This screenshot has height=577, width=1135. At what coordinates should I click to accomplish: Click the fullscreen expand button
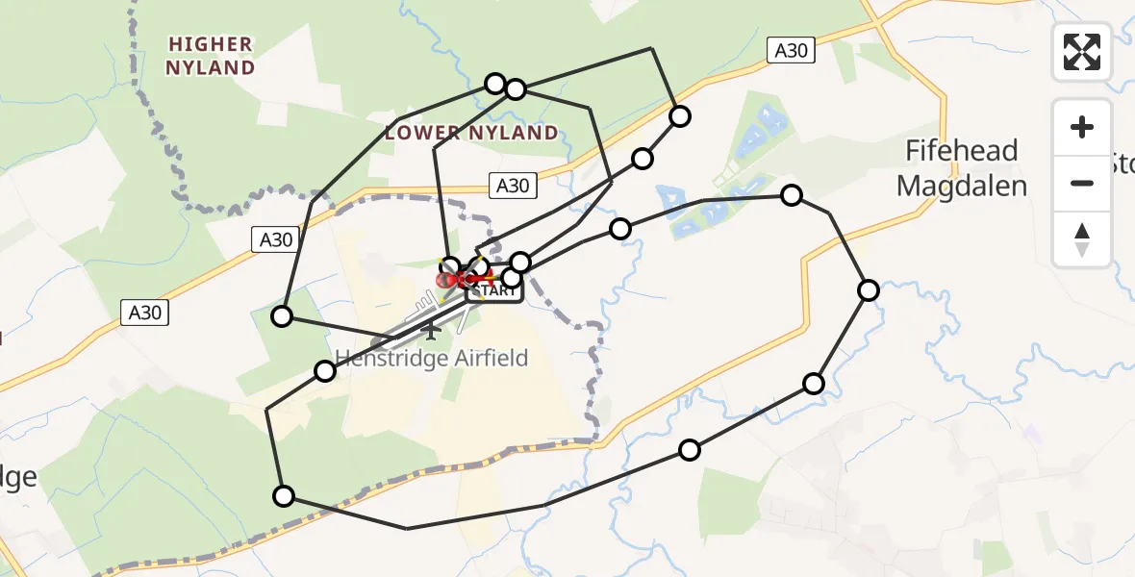coord(1082,52)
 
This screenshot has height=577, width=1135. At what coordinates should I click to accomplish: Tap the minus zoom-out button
coord(1082,183)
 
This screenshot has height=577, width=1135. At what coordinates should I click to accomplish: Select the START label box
coord(495,290)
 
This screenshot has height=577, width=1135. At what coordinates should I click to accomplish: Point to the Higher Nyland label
coord(210,56)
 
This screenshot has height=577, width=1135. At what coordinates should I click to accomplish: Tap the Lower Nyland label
coord(471,133)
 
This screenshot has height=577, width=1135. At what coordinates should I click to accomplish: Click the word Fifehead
coord(962,151)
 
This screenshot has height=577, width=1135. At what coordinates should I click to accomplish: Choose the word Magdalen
coord(962,186)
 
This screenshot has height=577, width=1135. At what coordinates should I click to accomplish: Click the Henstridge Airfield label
coord(432,359)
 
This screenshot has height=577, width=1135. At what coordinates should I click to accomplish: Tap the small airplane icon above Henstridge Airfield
coord(430,332)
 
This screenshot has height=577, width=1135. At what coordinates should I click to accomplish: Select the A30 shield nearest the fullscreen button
coord(792,51)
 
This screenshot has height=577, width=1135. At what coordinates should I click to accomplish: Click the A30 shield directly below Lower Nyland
coord(513,186)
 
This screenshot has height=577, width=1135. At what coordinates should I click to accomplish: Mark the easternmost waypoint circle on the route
coord(869,290)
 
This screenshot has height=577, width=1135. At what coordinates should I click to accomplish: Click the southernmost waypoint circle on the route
coord(284,496)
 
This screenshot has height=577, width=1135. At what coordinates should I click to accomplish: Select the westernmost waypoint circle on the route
coord(282,315)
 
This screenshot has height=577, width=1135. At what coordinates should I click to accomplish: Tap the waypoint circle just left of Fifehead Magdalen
coord(792,195)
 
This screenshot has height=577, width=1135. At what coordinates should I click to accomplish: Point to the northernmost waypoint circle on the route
coord(495,84)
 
